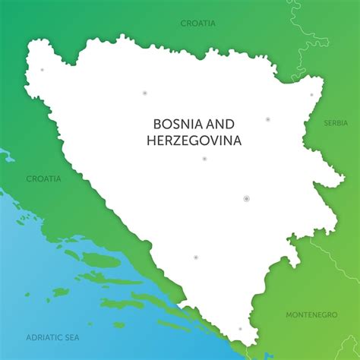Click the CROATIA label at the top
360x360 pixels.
coord(197,23)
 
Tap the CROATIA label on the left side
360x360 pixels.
coord(43,178)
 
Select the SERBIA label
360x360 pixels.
coord(335,122)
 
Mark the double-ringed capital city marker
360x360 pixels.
coord(246,198)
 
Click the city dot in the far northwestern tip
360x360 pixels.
coord(42,70)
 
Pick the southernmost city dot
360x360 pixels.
coord(240,329)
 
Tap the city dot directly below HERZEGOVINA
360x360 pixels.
coord(204,159)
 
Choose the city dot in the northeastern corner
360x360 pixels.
coord(311,95)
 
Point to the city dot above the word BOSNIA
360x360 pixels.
coord(144,93)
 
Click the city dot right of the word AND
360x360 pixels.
coord(267,119)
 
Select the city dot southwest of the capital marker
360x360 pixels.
coord(195,257)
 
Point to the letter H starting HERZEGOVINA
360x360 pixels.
coord(151,140)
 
